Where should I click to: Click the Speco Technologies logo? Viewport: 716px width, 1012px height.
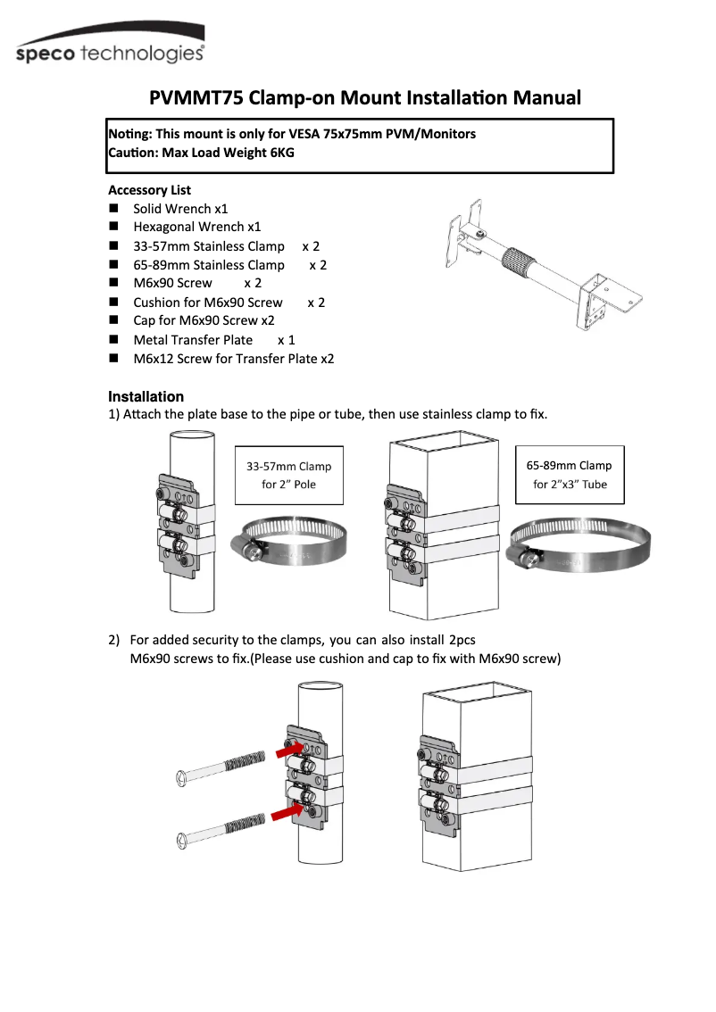(111, 52)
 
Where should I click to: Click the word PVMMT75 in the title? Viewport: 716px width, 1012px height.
(196, 97)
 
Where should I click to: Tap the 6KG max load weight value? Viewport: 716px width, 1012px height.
(281, 153)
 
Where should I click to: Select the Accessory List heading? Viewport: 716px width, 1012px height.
(149, 190)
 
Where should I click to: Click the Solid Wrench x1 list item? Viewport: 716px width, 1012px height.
(180, 209)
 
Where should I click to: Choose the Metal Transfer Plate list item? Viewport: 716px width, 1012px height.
(193, 340)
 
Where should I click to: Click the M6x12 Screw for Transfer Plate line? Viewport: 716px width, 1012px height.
(233, 359)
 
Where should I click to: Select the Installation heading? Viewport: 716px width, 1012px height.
(146, 396)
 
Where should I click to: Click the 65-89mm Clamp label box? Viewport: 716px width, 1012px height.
(569, 475)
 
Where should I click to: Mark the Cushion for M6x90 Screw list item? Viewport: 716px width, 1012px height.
(207, 303)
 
